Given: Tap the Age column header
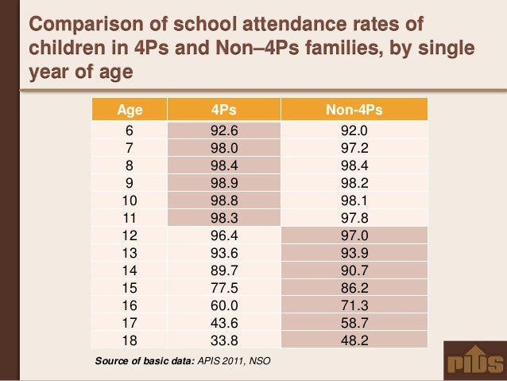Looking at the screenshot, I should pyautogui.click(x=130, y=109).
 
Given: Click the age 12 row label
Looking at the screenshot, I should pyautogui.click(x=130, y=235).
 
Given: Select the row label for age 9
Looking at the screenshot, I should pyautogui.click(x=130, y=183).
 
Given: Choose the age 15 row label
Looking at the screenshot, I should pyautogui.click(x=130, y=287).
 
